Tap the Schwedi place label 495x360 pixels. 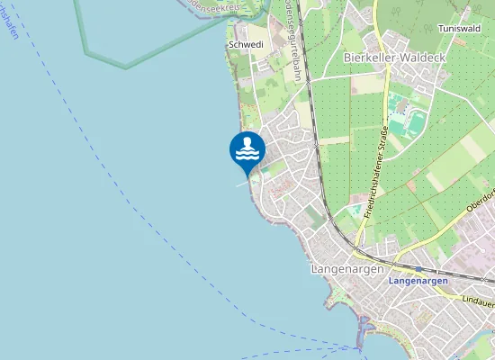pos(245,43)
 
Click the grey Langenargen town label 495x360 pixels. pos(346,269)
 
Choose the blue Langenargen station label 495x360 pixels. pos(418,281)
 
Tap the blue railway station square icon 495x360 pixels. pos(417,268)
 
